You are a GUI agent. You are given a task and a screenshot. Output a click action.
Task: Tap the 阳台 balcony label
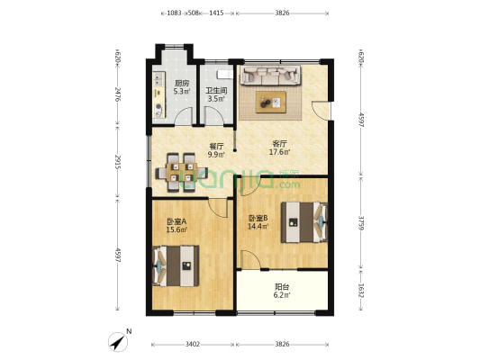tap(282, 291)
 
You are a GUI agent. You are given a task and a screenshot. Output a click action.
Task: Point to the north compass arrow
tap(118, 341)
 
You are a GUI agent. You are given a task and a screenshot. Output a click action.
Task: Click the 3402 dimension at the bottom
tap(193, 344)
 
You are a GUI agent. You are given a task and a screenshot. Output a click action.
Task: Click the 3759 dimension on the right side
tap(361, 221)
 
